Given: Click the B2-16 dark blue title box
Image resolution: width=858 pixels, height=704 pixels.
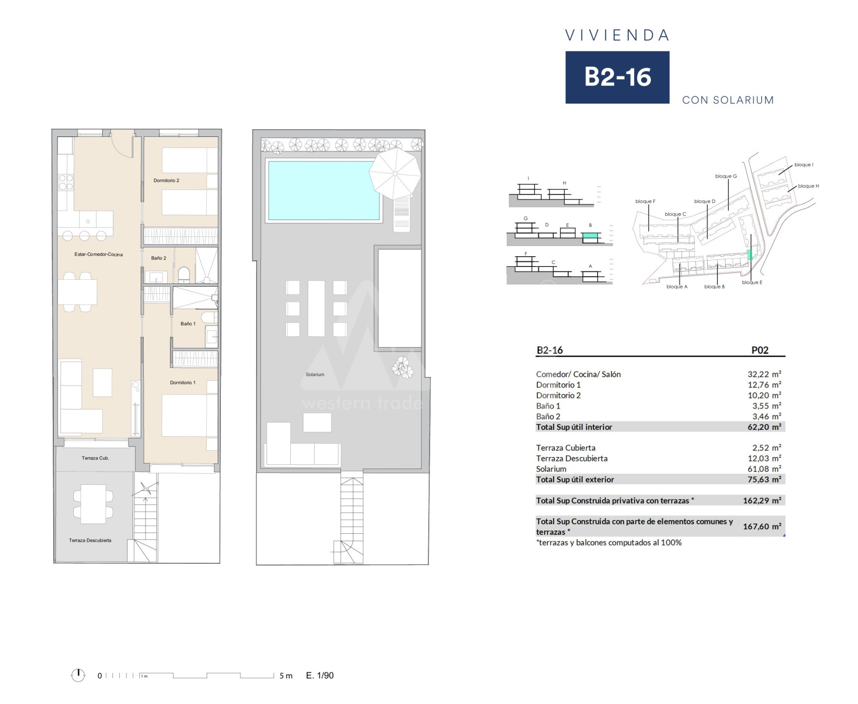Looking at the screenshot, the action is [x=617, y=77].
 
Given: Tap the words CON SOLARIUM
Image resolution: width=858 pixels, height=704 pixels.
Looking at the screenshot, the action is [x=728, y=100].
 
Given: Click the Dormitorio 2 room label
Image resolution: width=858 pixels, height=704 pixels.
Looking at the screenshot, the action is [x=166, y=180].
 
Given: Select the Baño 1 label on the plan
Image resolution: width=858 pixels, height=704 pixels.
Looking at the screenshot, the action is [x=188, y=324].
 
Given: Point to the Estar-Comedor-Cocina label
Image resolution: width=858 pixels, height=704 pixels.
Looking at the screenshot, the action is [x=99, y=254].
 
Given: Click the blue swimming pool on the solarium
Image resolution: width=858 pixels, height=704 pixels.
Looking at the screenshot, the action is [x=324, y=191].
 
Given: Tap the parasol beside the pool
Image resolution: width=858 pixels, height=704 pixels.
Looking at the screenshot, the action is [x=395, y=173].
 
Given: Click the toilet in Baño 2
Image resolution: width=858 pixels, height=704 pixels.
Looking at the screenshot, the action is [x=184, y=275].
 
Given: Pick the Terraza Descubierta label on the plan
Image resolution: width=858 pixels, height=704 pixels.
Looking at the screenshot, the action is [x=90, y=540].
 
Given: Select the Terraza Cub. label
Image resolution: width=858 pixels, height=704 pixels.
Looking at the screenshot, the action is [x=95, y=458].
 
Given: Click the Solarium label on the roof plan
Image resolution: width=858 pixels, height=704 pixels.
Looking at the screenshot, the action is [x=315, y=374].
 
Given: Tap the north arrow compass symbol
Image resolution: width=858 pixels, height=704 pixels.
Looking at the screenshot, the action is [x=78, y=675].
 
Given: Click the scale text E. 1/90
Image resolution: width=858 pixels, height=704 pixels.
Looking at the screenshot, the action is [x=320, y=676].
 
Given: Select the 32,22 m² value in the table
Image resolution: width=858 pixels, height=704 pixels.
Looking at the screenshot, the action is [x=764, y=374].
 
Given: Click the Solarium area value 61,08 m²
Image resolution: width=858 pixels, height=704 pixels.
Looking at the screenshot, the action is [x=764, y=469].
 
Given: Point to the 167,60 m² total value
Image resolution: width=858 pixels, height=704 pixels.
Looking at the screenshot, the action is [x=762, y=527].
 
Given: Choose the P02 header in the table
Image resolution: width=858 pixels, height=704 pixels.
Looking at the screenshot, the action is [x=760, y=350].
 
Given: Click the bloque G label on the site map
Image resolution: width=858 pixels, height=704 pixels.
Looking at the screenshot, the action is [x=726, y=176].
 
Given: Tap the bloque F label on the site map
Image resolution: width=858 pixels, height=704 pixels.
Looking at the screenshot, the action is [x=645, y=201].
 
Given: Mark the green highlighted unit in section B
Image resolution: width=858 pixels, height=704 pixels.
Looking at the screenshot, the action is [x=590, y=236].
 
